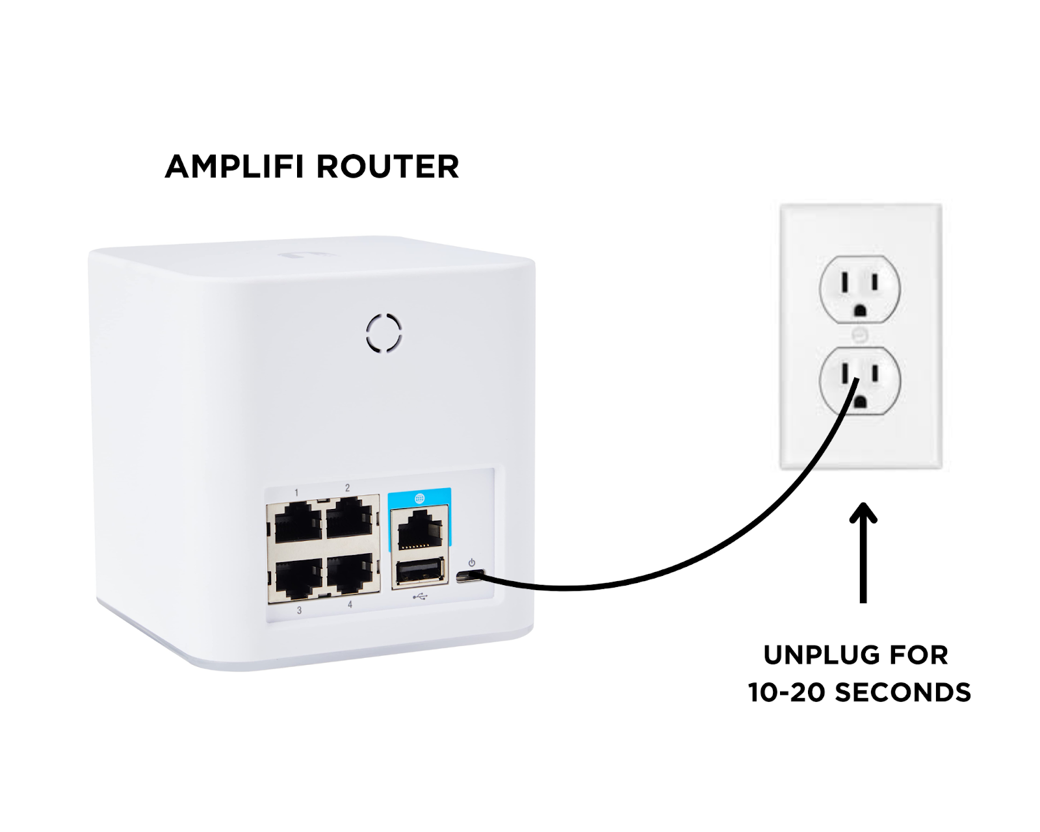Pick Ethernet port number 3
[298, 577]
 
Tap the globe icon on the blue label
[419, 499]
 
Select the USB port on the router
[419, 572]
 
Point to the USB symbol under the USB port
[420, 595]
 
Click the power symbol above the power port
[472, 563]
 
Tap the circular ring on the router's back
[383, 333]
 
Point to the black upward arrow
[863, 552]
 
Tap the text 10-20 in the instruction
[786, 692]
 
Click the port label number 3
[299, 610]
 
